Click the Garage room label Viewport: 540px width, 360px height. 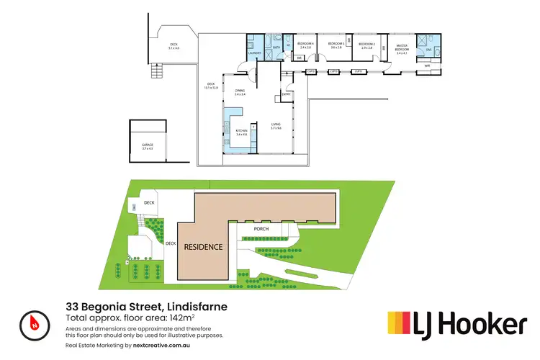tap(148, 146)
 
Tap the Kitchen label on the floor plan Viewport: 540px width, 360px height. tap(240, 132)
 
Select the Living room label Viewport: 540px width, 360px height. tap(276, 127)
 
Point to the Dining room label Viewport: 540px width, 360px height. tap(240, 91)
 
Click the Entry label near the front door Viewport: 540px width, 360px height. tap(286, 94)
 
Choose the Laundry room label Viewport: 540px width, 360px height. tap(254, 53)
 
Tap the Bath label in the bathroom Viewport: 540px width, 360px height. tap(276, 47)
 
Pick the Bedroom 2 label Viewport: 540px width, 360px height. tap(367, 45)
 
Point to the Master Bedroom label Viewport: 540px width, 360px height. tap(402, 48)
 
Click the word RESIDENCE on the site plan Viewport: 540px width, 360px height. tap(203, 246)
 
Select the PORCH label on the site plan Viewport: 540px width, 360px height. tap(261, 230)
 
